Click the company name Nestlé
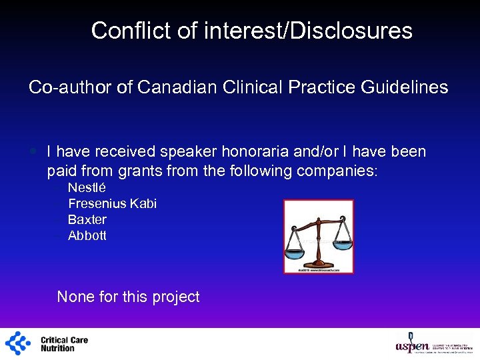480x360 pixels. pyautogui.click(x=87, y=188)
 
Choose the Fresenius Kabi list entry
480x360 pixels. pyautogui.click(x=112, y=204)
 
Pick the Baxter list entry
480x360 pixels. pyautogui.click(x=87, y=220)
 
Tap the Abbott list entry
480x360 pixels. pyautogui.click(x=87, y=236)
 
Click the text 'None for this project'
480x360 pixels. pyautogui.click(x=129, y=297)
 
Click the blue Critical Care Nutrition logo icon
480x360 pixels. pyautogui.click(x=18, y=343)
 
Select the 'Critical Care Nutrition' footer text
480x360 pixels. pyautogui.click(x=64, y=344)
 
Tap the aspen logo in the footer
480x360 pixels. pyautogui.click(x=413, y=343)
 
